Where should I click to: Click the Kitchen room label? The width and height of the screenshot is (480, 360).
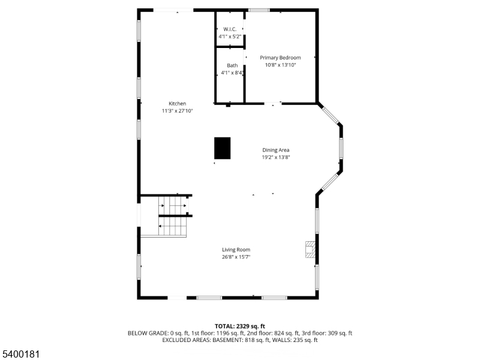177,104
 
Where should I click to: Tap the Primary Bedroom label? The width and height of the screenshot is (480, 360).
280,58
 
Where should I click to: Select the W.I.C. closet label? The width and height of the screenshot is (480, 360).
230,29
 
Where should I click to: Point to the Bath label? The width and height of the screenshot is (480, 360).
232,65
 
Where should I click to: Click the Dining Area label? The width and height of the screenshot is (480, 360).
276,150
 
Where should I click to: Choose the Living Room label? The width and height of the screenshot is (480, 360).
236,250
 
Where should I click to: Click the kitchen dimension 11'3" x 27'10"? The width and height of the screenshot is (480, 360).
177,111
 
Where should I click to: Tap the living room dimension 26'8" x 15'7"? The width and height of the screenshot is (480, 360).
236,257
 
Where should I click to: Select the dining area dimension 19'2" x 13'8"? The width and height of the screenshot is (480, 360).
276,157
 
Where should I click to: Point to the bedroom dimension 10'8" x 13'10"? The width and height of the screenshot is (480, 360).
280,65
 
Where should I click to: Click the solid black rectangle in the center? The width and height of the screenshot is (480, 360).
223,148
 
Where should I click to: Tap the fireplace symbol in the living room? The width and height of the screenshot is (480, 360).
310,250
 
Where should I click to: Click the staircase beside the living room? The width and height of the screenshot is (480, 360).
173,219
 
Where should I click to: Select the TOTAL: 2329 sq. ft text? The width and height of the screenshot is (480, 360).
240,326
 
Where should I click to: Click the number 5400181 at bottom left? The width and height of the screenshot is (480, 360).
21,355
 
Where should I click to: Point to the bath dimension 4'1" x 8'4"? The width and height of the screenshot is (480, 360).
232,73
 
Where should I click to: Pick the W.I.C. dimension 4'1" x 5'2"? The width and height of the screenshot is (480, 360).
230,36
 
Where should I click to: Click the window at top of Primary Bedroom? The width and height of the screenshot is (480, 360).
259,10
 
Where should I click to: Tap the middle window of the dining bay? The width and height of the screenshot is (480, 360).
341,148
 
